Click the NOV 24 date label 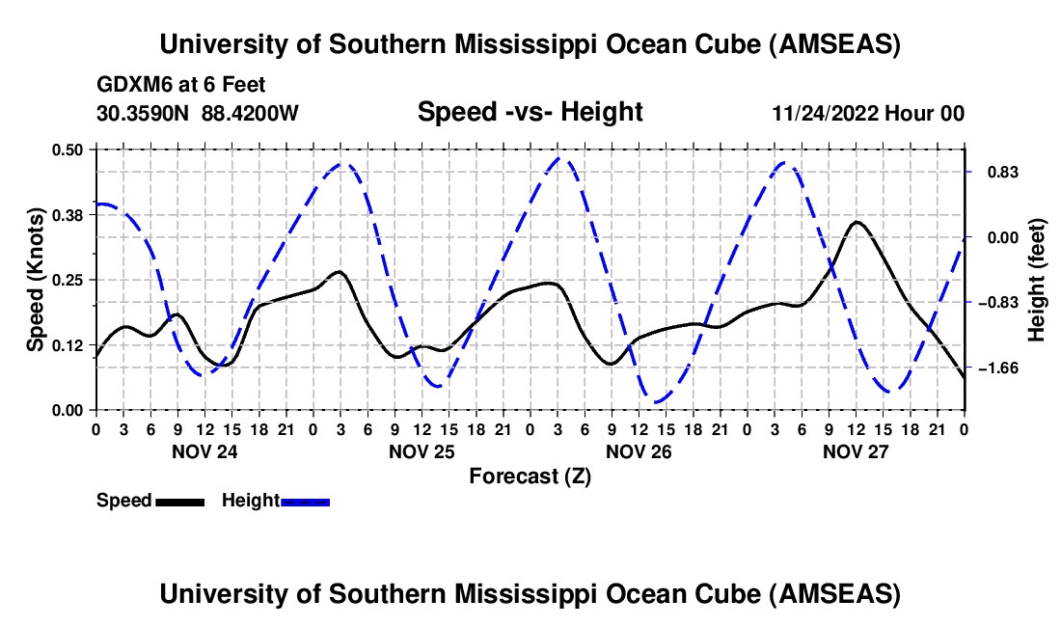point(204,450)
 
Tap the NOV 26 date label point(639,450)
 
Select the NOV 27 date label point(856,450)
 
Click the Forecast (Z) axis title point(530,476)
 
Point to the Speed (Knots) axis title point(35,280)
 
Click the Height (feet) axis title point(1037,280)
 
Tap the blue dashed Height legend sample point(305,502)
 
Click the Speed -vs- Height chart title point(530,112)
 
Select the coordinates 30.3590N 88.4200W point(198,113)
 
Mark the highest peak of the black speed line point(857,222)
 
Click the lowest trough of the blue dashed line point(656,402)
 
